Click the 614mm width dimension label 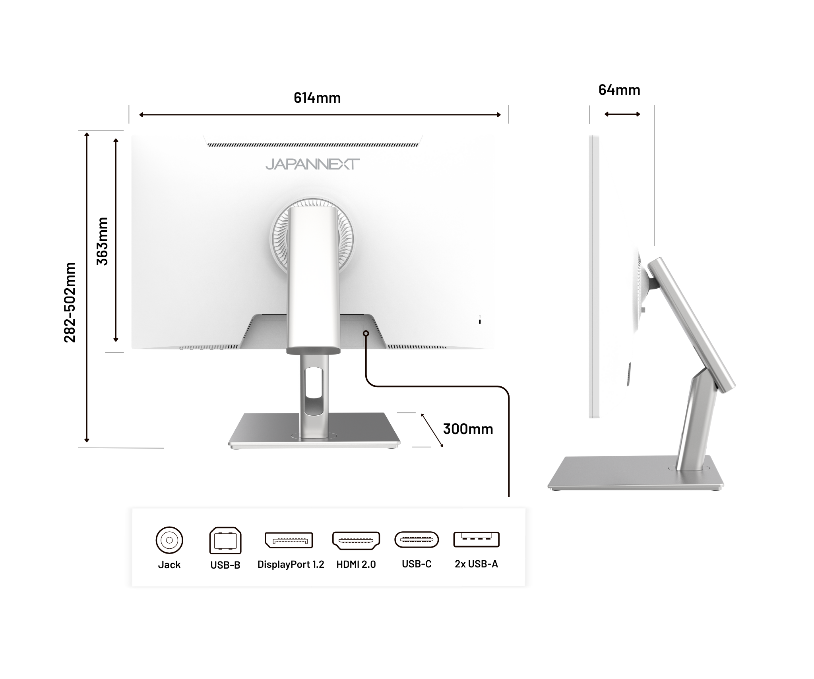pos(317,98)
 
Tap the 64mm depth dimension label pos(619,90)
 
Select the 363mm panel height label pos(102,241)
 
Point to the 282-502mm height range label pos(70,302)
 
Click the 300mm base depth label pos(468,429)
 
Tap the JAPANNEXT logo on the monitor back pos(312,164)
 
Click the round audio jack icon pos(169,540)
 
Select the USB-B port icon pos(225,540)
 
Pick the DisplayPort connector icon pos(289,540)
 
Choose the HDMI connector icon pos(356,540)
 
